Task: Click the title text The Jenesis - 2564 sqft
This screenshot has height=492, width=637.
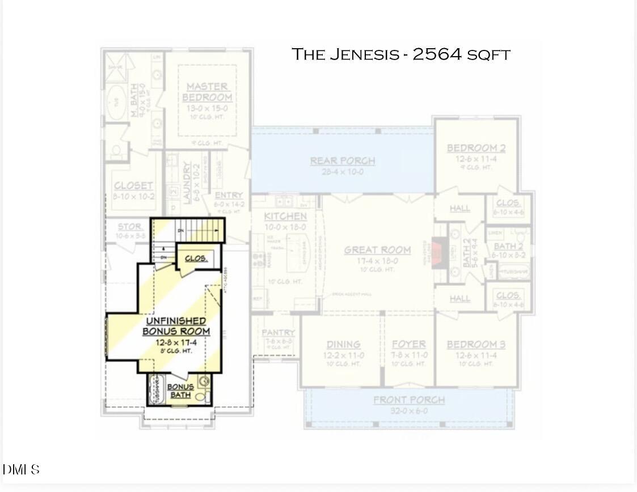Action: click(400, 54)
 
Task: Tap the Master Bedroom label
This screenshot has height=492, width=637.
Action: click(207, 92)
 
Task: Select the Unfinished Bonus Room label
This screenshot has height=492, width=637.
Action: click(176, 326)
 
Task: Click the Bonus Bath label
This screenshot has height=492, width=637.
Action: click(180, 391)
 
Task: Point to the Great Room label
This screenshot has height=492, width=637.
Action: click(377, 250)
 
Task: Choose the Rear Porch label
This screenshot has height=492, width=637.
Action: click(342, 161)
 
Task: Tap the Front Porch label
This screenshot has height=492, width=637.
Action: click(408, 400)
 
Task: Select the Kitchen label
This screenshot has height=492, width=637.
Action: click(285, 216)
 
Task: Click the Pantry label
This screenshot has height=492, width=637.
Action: click(278, 333)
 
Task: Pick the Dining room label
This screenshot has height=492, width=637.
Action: click(343, 344)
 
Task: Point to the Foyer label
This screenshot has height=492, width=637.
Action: click(408, 344)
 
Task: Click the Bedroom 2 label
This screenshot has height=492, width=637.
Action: click(476, 149)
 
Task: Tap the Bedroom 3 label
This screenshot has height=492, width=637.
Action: click(476, 344)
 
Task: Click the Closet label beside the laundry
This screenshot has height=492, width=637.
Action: click(133, 185)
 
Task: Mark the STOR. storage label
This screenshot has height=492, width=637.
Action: click(130, 227)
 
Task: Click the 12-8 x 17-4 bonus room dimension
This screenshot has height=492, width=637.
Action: click(176, 342)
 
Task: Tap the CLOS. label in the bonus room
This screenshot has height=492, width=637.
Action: click(196, 258)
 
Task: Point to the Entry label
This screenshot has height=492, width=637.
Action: click(229, 196)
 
